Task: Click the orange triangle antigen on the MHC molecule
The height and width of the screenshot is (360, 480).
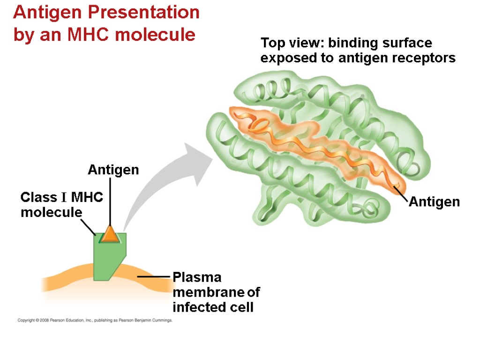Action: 110,234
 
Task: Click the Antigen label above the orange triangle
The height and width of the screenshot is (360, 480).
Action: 113,170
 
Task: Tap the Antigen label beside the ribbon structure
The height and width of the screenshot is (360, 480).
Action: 434,202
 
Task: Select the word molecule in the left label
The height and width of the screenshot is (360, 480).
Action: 51,212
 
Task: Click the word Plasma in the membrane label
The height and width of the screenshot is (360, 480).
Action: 197,277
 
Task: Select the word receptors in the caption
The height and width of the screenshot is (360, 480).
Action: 427,58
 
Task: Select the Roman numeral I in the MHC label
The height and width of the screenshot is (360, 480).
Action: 62,197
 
